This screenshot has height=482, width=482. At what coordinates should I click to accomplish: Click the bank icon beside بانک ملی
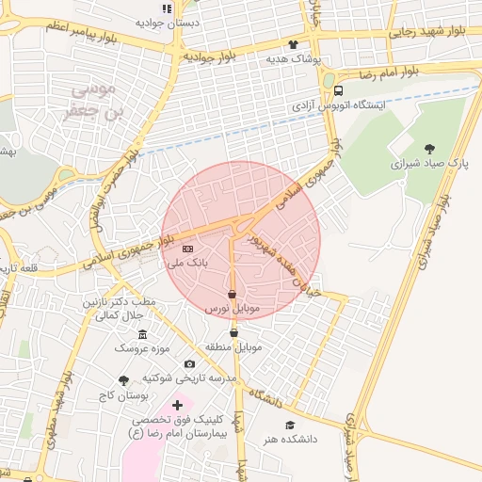[x=187, y=249]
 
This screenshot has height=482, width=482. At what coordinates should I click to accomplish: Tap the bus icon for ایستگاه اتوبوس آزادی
[x=338, y=90]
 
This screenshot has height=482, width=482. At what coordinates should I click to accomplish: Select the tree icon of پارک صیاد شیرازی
[x=430, y=149]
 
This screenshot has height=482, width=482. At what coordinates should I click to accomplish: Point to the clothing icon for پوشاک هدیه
[x=293, y=44]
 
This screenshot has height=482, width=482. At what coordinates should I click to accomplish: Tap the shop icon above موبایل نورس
[x=232, y=295]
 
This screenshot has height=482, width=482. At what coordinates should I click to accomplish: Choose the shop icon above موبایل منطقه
[x=233, y=332]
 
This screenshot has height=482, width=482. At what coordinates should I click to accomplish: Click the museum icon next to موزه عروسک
[x=142, y=335]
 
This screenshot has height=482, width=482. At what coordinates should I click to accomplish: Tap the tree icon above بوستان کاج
[x=123, y=380]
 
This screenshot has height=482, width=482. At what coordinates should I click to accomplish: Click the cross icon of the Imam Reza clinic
[x=176, y=405]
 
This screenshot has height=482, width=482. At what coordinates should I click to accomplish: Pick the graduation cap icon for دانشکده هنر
[x=289, y=426]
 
